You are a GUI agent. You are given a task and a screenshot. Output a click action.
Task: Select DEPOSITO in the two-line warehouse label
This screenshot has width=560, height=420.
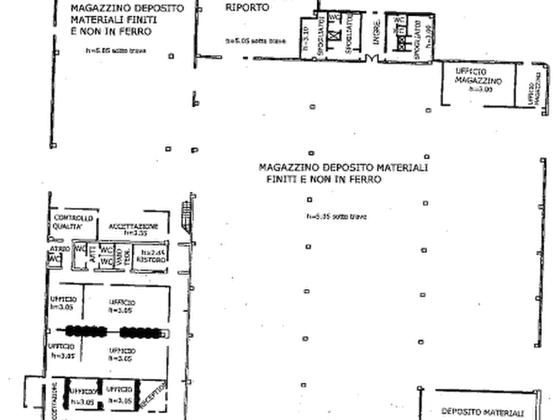click(348, 168)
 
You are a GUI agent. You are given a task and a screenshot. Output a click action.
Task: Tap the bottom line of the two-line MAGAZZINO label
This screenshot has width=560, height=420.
click(325, 179)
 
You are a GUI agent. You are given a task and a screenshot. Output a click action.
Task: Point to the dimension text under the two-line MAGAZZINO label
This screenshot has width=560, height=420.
click(336, 218)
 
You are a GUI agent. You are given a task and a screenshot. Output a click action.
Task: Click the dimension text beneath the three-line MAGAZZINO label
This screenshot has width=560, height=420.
click(116, 51)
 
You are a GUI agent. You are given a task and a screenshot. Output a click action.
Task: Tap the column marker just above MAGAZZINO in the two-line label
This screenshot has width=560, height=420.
click(309, 152)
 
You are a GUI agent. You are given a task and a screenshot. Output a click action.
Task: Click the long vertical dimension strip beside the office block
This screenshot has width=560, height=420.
click(187, 295)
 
